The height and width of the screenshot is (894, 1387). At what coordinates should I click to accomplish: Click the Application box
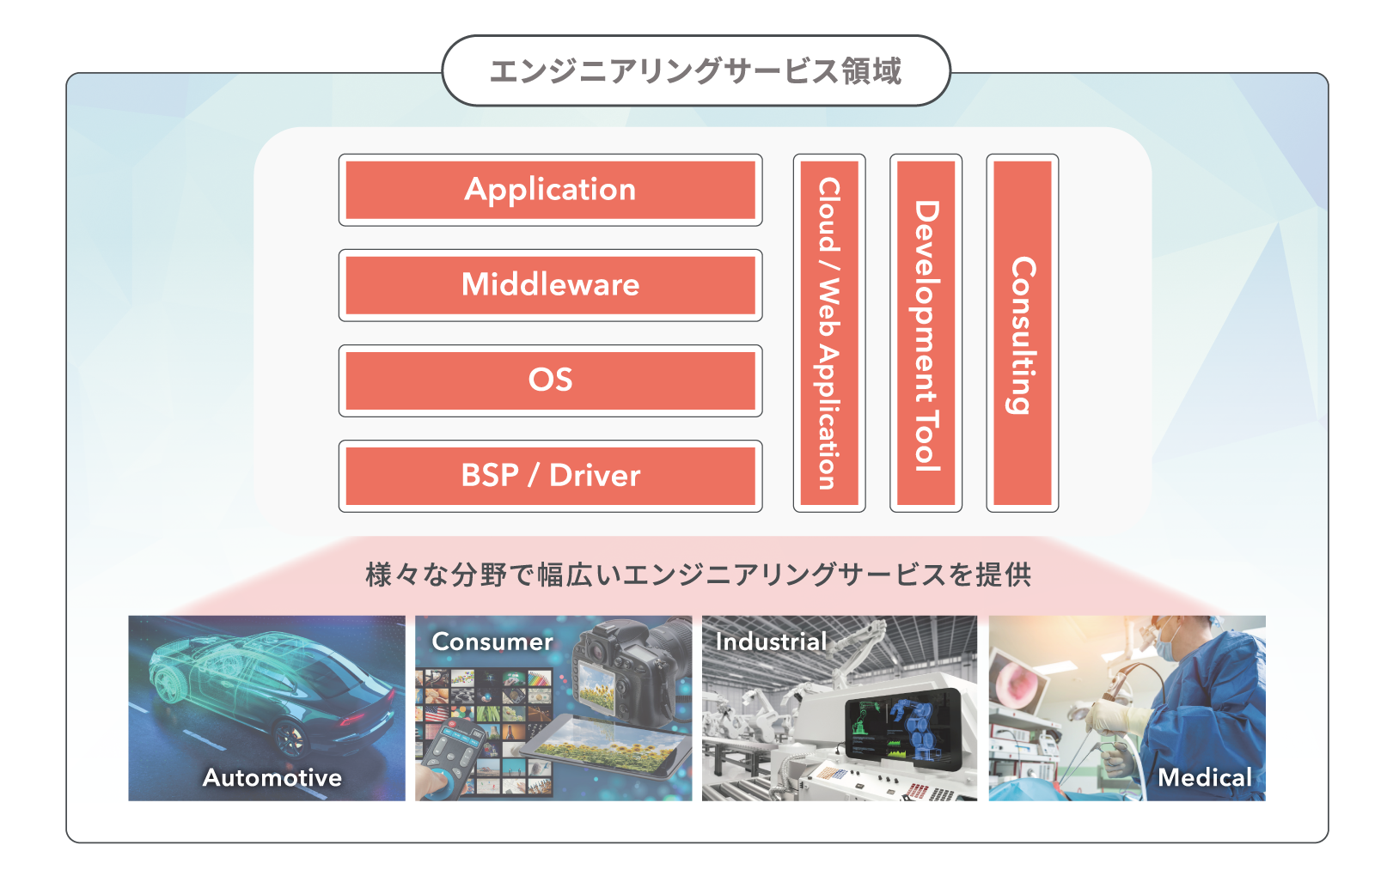click(x=551, y=190)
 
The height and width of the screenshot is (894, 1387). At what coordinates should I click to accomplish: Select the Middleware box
click(x=551, y=285)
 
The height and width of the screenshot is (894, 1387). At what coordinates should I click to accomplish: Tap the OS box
click(x=551, y=380)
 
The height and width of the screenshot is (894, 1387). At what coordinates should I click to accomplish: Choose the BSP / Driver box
click(x=551, y=476)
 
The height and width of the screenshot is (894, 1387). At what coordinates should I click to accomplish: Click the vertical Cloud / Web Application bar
click(x=829, y=333)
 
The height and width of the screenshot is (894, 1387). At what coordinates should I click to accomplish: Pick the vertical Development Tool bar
click(x=926, y=333)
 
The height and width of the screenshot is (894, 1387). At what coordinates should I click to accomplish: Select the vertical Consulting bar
click(x=1023, y=333)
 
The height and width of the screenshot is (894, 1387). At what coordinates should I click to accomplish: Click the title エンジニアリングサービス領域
click(x=696, y=70)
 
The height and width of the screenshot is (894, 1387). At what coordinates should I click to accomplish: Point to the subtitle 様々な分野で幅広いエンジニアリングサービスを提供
click(x=698, y=575)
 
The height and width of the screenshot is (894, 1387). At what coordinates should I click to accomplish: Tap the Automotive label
click(x=272, y=778)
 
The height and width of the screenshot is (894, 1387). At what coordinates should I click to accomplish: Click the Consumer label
click(x=492, y=642)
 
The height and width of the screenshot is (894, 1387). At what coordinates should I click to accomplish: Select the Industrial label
click(x=771, y=642)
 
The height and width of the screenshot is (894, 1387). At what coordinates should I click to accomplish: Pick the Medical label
click(x=1205, y=778)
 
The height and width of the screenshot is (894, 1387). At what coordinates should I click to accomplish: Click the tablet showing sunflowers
click(x=606, y=745)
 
